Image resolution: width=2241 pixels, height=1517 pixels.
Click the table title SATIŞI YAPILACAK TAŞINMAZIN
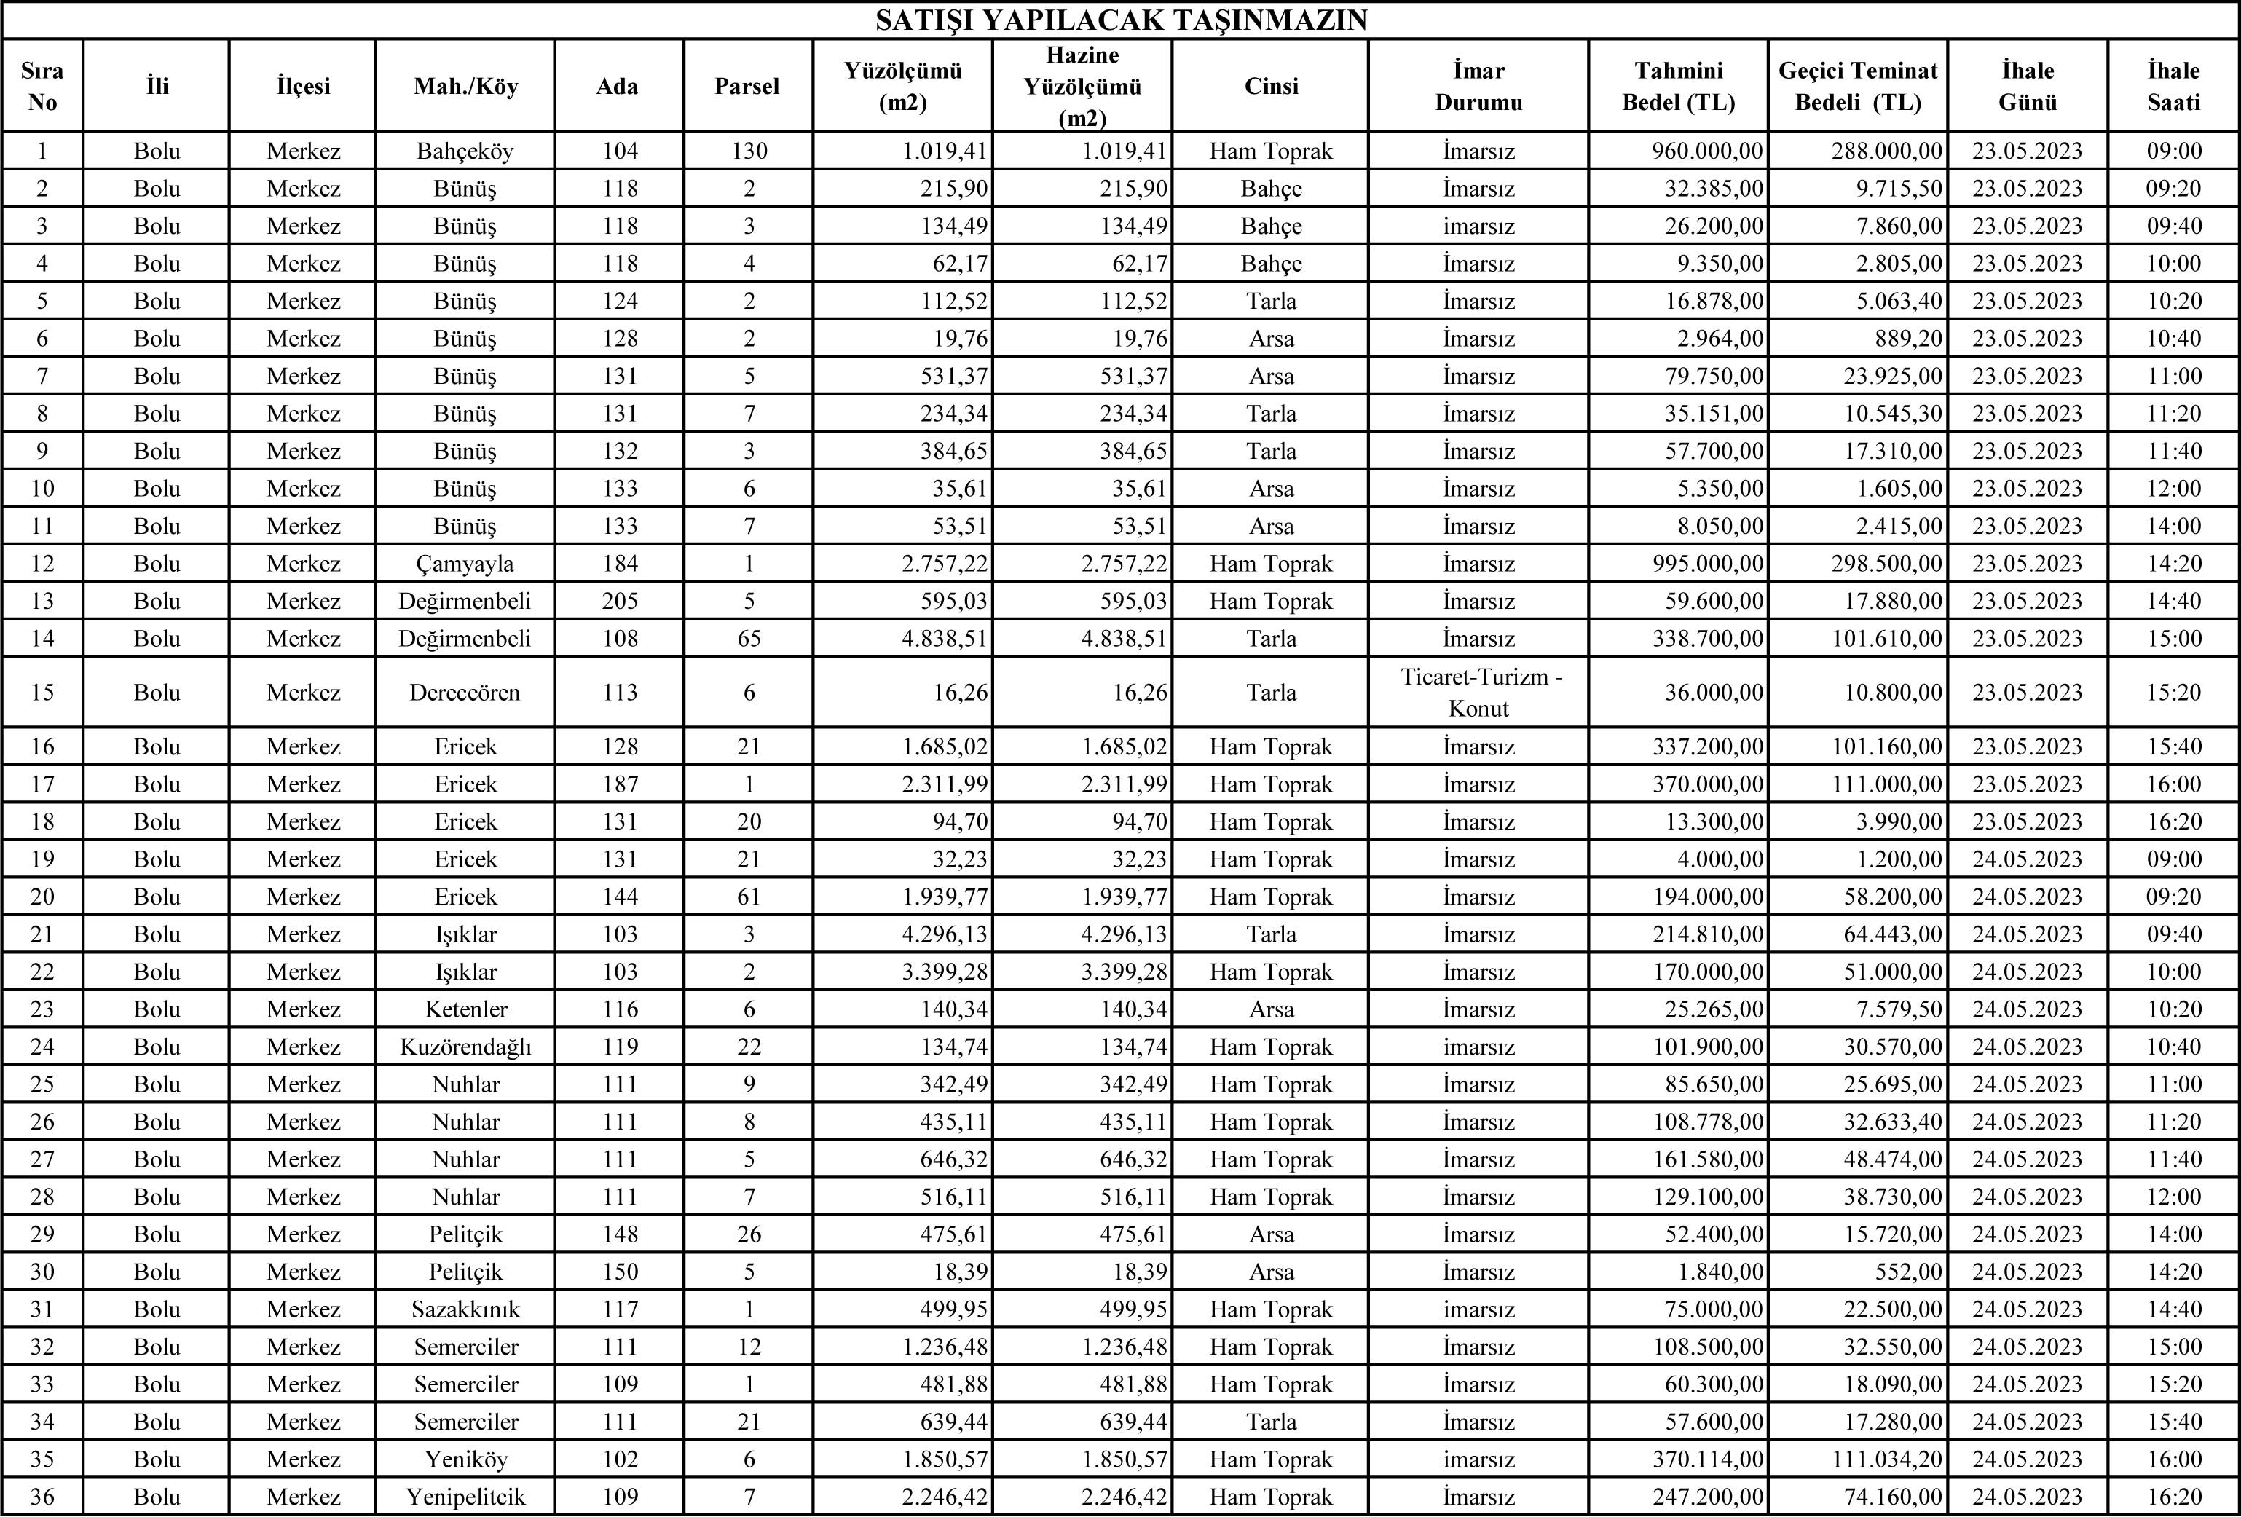[1120, 20]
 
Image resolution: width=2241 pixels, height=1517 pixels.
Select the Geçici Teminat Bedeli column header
[1857, 86]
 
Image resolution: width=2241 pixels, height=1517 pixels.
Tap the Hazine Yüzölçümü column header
[1082, 86]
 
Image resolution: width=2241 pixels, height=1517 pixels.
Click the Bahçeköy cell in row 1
[465, 151]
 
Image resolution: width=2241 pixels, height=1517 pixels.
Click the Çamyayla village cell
[465, 563]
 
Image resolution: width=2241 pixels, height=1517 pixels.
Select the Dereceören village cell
[465, 693]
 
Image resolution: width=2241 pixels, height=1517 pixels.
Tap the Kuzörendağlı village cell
[465, 1047]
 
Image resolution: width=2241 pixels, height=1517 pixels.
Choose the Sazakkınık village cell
[465, 1309]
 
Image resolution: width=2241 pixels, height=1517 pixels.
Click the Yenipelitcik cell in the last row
[465, 1497]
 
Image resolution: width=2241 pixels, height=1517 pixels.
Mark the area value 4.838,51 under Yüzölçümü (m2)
[945, 639]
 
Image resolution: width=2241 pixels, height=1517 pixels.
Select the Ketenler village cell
[465, 1009]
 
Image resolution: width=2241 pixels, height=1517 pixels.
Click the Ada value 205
[619, 601]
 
